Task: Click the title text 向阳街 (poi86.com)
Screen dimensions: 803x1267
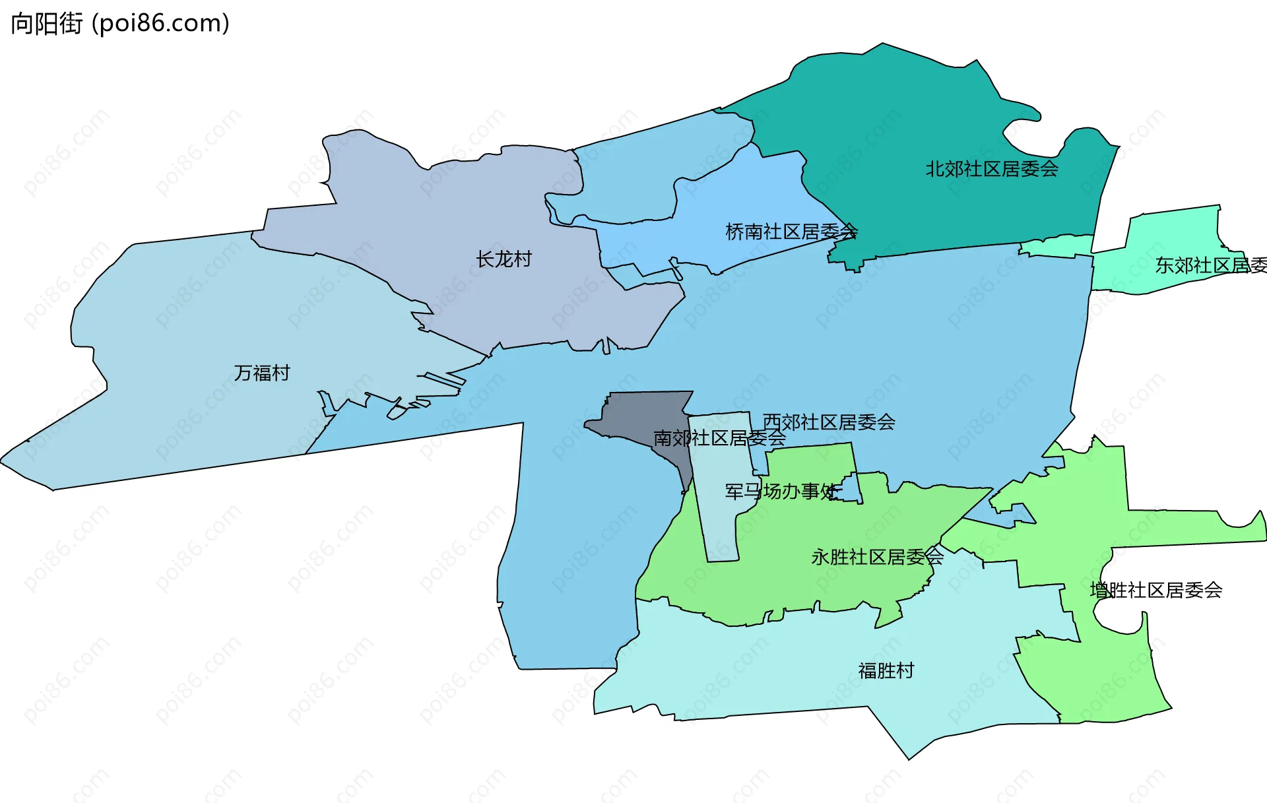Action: [120, 24]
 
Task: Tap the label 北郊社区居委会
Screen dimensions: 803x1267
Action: [992, 169]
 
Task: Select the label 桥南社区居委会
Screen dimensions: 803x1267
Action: [791, 232]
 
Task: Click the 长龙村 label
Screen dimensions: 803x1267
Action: [504, 259]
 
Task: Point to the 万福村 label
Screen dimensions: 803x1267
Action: [262, 373]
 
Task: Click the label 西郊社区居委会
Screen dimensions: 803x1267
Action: [829, 422]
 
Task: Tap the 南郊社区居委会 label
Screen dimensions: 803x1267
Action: [719, 437]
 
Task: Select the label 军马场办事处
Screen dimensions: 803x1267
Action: [782, 491]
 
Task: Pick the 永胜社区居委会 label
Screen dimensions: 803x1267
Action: [877, 557]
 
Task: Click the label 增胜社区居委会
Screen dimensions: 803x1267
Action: [1155, 590]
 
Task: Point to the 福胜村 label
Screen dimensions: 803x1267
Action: [886, 670]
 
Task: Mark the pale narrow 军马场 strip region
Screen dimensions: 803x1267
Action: [719, 528]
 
